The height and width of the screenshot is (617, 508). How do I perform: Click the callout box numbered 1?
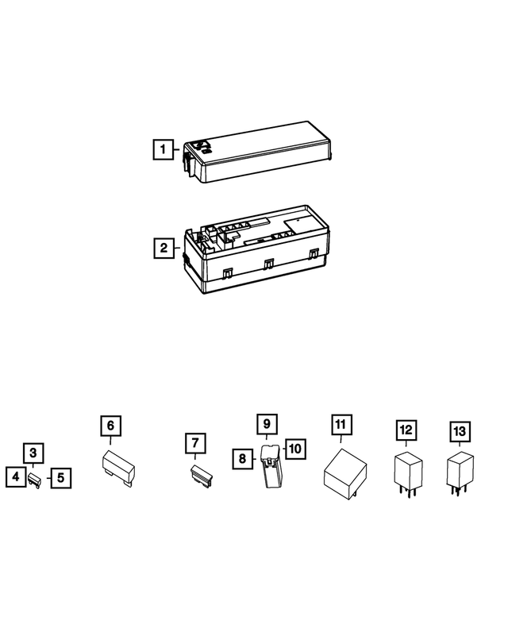pyautogui.click(x=163, y=148)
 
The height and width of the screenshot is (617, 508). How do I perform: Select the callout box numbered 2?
pyautogui.click(x=163, y=248)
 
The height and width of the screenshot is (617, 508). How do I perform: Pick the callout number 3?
pyautogui.click(x=33, y=453)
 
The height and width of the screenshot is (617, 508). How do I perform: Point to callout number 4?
pyautogui.click(x=15, y=478)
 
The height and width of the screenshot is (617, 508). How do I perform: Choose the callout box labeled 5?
pyautogui.click(x=61, y=478)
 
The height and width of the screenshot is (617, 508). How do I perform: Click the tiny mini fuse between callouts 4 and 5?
pyautogui.click(x=37, y=478)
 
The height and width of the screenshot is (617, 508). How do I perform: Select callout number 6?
pyautogui.click(x=110, y=426)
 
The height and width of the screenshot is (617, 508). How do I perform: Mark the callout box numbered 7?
pyautogui.click(x=195, y=442)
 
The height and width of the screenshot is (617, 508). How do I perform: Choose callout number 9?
pyautogui.click(x=267, y=424)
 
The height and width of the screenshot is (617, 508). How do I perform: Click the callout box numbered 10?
pyautogui.click(x=294, y=449)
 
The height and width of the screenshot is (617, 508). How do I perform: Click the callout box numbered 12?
pyautogui.click(x=406, y=430)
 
